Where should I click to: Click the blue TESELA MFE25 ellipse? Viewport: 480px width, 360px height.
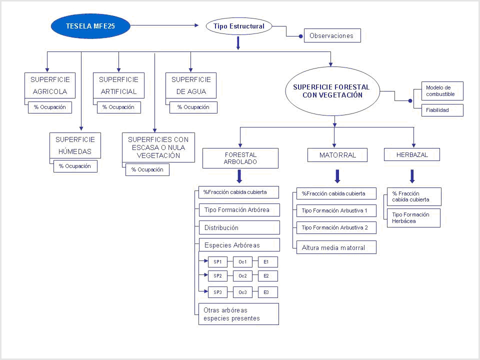coord(90,26)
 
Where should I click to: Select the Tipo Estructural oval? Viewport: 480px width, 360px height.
coord(239,26)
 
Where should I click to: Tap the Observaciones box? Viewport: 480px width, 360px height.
coord(332,35)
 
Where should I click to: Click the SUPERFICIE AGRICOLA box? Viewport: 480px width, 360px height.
coord(50,85)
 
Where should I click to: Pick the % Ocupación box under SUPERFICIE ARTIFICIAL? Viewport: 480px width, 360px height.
coord(119,107)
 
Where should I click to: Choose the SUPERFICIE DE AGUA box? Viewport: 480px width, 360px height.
coord(191,85)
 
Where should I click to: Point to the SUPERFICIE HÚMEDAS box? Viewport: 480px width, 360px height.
coord(75,145)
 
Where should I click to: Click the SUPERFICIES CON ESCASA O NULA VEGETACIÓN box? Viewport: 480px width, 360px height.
coord(158,147)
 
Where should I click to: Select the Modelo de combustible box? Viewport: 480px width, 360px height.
coord(442,91)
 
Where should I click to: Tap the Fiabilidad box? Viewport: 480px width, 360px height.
coord(442,110)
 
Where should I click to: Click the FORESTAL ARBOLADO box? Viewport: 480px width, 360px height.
coord(240,158)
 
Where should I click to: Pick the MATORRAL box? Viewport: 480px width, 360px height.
coord(337,155)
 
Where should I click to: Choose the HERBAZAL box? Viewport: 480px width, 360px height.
coord(412,154)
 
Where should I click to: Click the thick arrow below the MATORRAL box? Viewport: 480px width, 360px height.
coord(337,176)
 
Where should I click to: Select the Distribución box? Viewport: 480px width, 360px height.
coord(239,227)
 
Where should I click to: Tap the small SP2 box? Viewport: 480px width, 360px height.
coord(217,276)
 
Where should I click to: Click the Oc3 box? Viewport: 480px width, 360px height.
coord(243,292)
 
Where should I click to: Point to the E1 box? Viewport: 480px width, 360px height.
coord(268,262)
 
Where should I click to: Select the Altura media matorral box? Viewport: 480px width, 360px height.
coord(336,247)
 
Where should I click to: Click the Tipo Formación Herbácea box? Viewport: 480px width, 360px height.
coord(413,218)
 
